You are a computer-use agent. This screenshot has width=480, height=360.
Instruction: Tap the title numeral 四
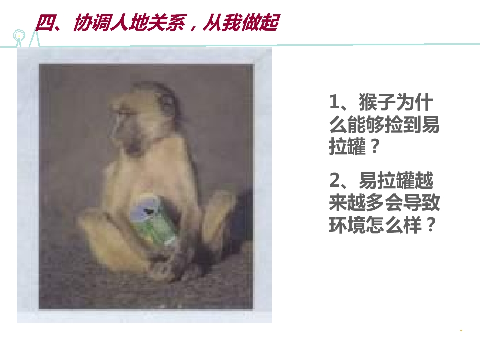coord(45,23)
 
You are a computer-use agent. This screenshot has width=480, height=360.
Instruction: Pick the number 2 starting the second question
coord(334,180)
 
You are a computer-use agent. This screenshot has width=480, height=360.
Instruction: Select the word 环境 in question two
coord(348,225)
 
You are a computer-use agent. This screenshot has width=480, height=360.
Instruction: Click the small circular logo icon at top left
coord(19,35)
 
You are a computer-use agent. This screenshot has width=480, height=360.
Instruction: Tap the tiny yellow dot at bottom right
coord(461,331)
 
